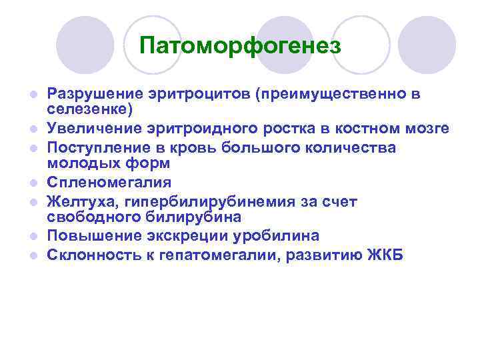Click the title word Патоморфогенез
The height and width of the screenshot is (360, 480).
pyautogui.click(x=240, y=46)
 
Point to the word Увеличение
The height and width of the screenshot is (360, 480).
pyautogui.click(x=90, y=127)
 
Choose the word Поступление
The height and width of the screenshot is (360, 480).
pyautogui.click(x=96, y=147)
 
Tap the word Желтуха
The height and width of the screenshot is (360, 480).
pyautogui.click(x=75, y=201)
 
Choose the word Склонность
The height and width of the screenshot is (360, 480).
pyautogui.click(x=91, y=255)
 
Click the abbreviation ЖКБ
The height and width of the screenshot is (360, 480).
pyautogui.click(x=385, y=255)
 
